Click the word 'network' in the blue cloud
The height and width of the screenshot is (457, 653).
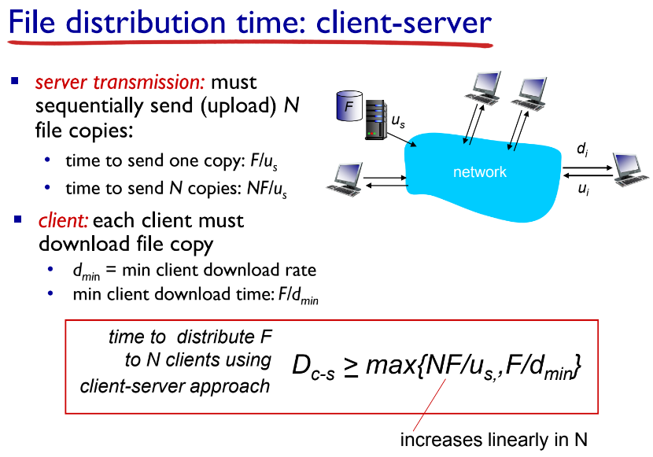click(x=479, y=172)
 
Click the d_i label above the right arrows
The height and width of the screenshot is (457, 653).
click(x=582, y=150)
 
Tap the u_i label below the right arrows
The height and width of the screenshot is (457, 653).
click(x=582, y=190)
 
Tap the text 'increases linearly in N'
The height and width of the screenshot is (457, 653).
click(x=493, y=439)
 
